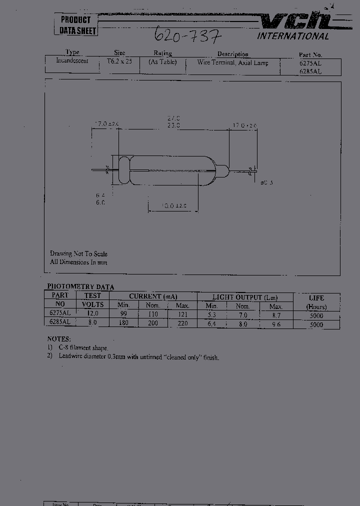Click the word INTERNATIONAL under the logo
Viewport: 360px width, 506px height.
click(x=293, y=36)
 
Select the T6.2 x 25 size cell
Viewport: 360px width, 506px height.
click(x=119, y=61)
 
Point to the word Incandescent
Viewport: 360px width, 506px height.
click(x=72, y=61)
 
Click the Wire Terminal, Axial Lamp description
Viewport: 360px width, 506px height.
click(x=232, y=63)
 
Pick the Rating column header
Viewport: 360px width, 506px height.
click(x=162, y=53)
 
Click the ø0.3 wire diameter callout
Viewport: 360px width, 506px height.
click(x=266, y=182)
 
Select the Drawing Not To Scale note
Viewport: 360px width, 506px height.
click(x=78, y=254)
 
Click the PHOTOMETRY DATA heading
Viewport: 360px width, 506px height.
click(x=80, y=287)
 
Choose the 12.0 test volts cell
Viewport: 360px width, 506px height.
click(x=93, y=313)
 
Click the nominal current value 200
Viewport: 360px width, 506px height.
click(x=153, y=323)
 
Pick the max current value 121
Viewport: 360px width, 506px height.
click(x=183, y=314)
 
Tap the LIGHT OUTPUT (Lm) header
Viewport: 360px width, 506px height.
click(x=245, y=297)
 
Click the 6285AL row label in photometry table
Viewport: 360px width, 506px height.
click(x=60, y=323)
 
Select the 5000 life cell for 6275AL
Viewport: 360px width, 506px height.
click(x=316, y=315)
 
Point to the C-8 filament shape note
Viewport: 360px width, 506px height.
click(x=80, y=347)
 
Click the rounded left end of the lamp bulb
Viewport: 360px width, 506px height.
click(x=123, y=170)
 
